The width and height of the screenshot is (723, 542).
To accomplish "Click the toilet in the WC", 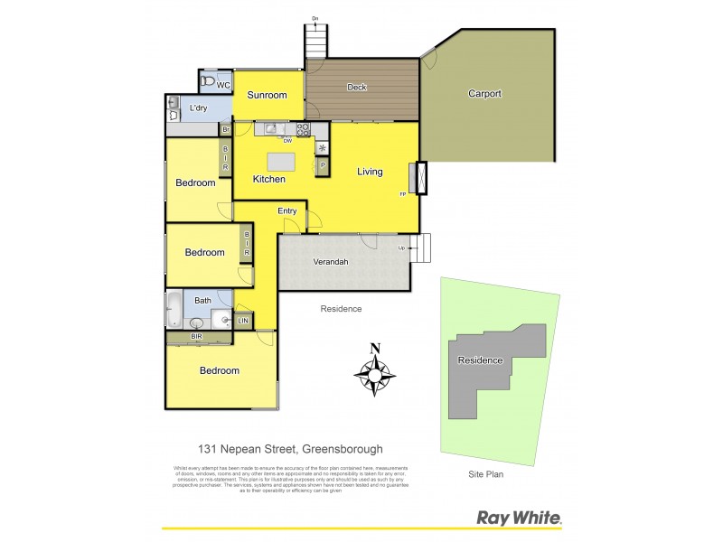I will click(209, 81).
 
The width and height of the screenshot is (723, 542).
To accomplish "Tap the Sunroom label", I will click(268, 95).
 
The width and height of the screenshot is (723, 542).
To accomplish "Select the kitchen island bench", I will click(281, 161).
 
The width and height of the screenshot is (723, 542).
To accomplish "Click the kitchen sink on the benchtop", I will click(271, 129).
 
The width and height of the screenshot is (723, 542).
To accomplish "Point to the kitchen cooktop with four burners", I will click(304, 128).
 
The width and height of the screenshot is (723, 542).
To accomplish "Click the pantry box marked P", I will click(321, 165).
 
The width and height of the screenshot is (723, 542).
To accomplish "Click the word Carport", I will click(484, 93).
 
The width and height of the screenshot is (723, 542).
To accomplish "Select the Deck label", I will click(358, 88).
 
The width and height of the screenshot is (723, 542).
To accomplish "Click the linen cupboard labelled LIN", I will click(243, 321).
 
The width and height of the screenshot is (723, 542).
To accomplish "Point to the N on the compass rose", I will click(375, 350).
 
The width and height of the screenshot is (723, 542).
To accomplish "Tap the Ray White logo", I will click(519, 519).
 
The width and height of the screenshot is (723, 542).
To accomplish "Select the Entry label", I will click(287, 210).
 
